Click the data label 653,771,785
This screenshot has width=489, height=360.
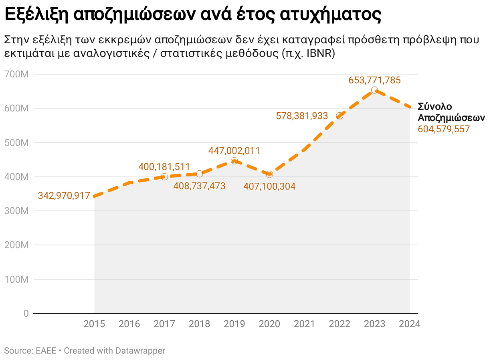374,80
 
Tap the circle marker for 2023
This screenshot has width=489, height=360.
374,90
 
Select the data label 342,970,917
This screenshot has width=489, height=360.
64,196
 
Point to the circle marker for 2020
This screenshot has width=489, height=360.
269,174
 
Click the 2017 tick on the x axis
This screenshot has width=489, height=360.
164,324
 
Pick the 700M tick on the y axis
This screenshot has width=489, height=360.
16,74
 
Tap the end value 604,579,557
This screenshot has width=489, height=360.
443,129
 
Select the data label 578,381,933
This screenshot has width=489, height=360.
302,116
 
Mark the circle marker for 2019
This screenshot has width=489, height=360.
234,161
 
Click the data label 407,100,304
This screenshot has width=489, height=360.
269,186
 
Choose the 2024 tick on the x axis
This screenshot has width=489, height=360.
409,324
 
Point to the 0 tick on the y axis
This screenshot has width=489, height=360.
26,313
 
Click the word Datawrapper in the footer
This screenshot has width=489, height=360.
140,350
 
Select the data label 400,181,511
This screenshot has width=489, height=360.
164,166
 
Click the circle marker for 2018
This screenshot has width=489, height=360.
199,174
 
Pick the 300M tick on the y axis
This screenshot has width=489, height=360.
16,211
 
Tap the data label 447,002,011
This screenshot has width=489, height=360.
234,151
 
